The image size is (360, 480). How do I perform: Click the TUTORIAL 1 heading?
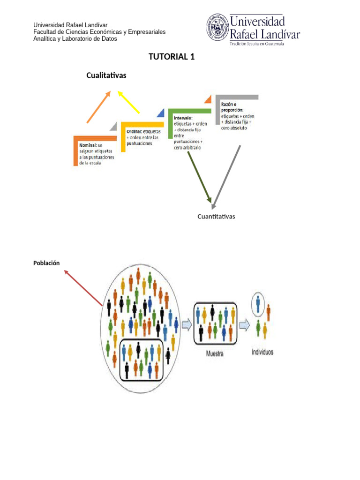[x=171, y=57]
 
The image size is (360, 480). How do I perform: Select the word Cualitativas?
[x=106, y=75]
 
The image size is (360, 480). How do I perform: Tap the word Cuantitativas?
[x=216, y=217]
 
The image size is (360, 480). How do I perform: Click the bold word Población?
[x=46, y=263]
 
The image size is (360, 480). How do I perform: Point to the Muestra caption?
[x=215, y=354]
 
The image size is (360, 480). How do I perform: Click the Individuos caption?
[x=262, y=352]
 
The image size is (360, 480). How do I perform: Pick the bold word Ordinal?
[x=134, y=132]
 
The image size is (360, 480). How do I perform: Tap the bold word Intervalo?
[x=183, y=118]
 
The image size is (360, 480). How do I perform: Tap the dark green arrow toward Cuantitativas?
[x=199, y=176]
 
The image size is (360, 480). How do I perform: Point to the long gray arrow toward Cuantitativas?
[x=226, y=176]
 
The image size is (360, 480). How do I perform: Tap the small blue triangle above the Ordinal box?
[x=161, y=113]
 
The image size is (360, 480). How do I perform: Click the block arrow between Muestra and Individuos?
[x=244, y=324]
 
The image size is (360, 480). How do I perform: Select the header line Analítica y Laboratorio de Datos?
[x=75, y=39]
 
